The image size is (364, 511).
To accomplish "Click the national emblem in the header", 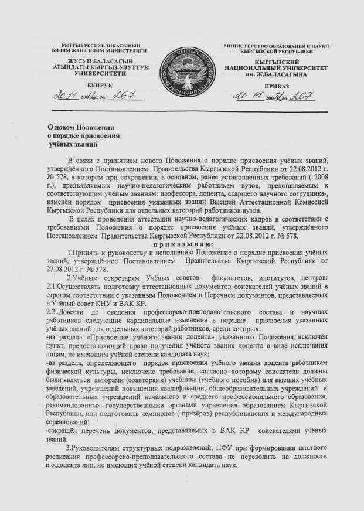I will click(x=181, y=72).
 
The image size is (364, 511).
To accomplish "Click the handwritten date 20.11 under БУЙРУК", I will click(x=62, y=96).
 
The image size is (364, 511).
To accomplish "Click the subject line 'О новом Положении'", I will click(x=81, y=127).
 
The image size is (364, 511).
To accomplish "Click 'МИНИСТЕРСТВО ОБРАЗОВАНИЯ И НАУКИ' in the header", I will click(x=276, y=45).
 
